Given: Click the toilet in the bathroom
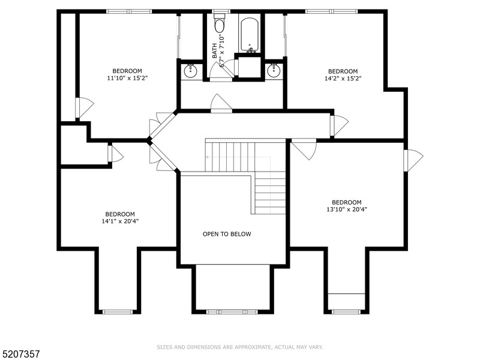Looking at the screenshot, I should coord(220,25).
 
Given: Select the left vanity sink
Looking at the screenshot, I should coord(191,70).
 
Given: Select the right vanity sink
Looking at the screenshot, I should coord(274,70).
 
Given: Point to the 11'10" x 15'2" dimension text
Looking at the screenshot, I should coord(127,78).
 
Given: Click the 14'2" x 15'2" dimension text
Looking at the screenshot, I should coord(343,78).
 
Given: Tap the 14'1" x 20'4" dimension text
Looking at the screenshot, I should coord(120,221).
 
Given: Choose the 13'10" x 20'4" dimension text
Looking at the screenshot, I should coord(347,209).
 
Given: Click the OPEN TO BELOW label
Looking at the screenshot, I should coord(227,234).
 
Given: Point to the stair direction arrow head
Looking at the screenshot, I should coord(207,156).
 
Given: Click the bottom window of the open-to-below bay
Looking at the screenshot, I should coord(232,311).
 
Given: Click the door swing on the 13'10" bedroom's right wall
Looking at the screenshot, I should coord(413,160).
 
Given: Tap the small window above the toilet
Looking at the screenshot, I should coord(221,11).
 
